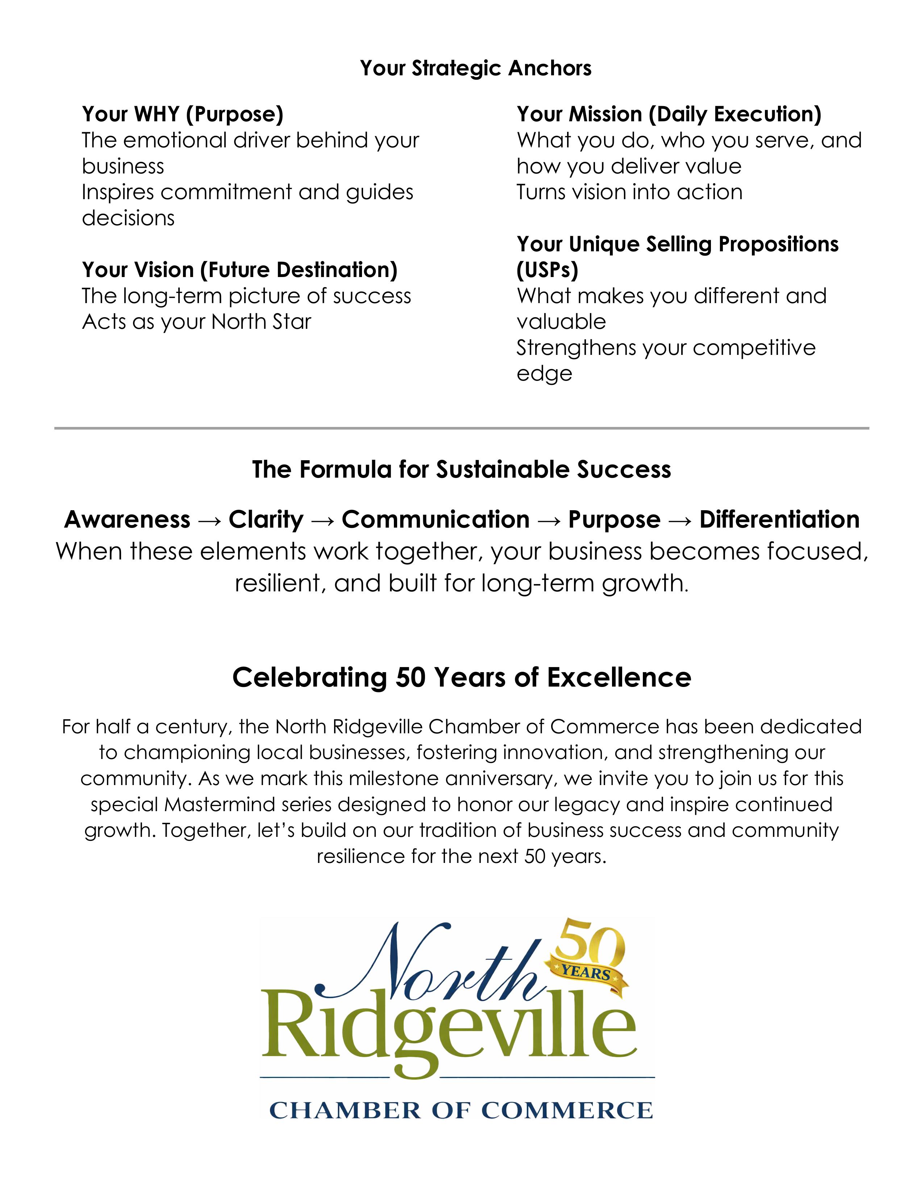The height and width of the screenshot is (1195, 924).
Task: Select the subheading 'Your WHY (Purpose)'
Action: coord(182,114)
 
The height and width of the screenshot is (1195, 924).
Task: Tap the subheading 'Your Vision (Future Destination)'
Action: coord(239,270)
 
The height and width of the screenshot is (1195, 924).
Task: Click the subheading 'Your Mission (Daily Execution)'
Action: coord(669,114)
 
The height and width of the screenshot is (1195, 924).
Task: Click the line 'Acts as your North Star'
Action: coord(196,322)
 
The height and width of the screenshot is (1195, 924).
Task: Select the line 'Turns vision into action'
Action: coord(629,192)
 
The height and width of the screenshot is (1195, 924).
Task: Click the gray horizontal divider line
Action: coord(461,428)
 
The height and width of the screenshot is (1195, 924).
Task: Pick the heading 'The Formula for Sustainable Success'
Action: coord(461,469)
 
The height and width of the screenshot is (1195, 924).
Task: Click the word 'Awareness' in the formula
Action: coord(127,519)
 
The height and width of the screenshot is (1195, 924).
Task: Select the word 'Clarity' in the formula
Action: coord(266,519)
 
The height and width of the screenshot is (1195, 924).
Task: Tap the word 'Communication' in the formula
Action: coord(435,519)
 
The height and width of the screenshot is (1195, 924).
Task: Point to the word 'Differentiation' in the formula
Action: coord(779,519)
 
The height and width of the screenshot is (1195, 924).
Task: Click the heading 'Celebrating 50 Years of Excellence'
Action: coord(461,678)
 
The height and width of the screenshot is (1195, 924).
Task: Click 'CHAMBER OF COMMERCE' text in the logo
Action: coord(461,1111)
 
